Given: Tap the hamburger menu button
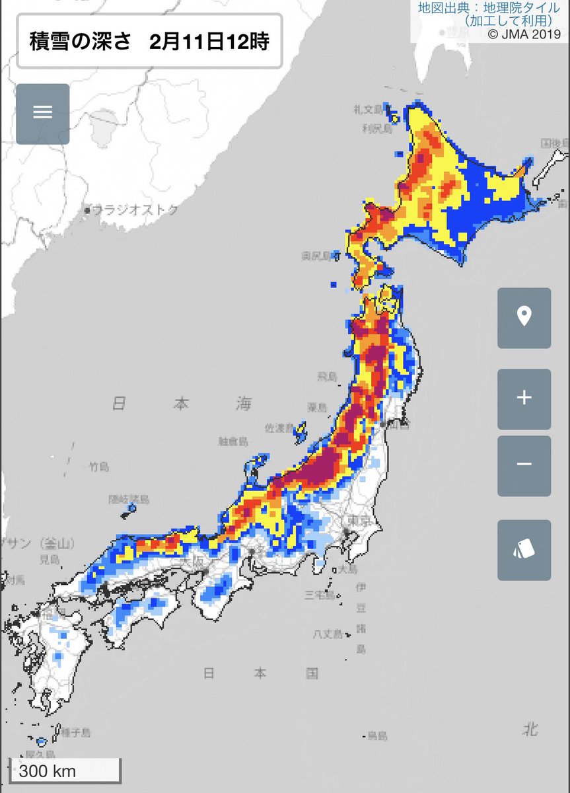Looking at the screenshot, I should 43,114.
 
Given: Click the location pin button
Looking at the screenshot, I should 524,318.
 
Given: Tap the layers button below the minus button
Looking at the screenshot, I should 524,550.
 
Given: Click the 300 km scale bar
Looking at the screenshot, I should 65,771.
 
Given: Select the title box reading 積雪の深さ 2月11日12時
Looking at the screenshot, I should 149,40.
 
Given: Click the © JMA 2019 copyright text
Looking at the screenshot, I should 523,33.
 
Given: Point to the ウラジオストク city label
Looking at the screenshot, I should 135,210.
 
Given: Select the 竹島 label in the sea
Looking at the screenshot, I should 99,467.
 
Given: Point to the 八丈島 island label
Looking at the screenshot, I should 328,634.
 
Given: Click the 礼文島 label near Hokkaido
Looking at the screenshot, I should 367,108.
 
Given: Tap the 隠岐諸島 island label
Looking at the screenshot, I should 129,499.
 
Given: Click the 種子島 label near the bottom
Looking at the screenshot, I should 76,732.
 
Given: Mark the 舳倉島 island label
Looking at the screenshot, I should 233,441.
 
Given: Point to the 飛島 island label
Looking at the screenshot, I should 328,377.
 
